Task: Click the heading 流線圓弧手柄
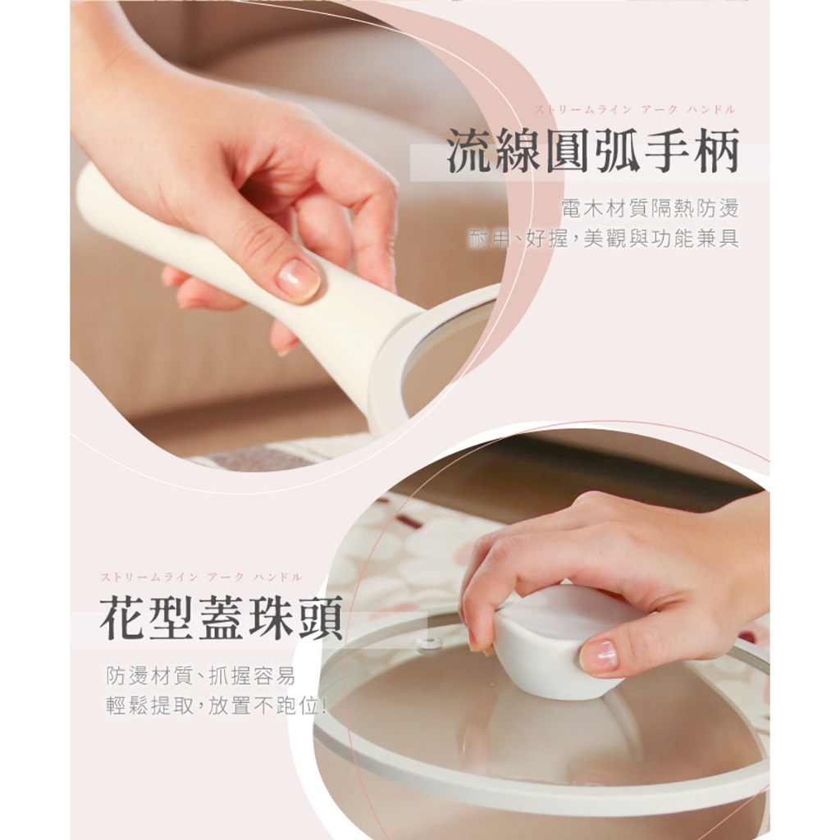coord(593,151)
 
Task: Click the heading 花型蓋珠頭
coord(221,618)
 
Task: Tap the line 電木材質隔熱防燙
coord(650,208)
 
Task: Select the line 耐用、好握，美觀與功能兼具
coord(604,238)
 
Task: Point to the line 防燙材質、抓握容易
coord(200,676)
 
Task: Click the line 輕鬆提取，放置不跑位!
coord(217,706)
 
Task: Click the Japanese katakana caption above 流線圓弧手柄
coord(635,110)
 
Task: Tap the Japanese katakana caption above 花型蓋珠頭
coord(202,577)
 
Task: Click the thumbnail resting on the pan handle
coord(298,279)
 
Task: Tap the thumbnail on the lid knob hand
coord(599,655)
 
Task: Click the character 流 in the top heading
coord(470,151)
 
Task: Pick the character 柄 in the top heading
coord(717,151)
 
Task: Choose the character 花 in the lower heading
coord(123,618)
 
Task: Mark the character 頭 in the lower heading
coord(320,618)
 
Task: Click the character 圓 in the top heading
coord(569,151)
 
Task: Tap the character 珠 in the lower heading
coord(271,618)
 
